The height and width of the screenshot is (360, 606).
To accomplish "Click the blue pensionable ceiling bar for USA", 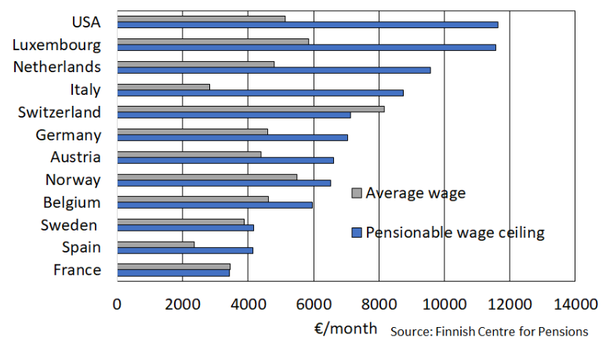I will click(x=307, y=24).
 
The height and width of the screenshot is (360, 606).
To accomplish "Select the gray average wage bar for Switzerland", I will click(x=251, y=108).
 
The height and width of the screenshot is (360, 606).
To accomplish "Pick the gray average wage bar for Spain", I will click(x=156, y=244).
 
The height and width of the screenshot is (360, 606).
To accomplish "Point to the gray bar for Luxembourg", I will click(x=213, y=41).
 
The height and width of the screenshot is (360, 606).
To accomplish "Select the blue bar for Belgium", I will click(x=215, y=205).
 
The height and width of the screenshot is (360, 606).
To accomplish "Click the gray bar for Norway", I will click(x=207, y=176).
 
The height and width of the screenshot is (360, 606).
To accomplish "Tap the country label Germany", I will click(x=68, y=135).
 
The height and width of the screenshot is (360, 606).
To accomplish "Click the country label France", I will click(x=77, y=270).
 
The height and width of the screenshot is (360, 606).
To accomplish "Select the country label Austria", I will click(x=75, y=158).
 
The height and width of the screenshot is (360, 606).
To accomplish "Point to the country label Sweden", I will click(x=70, y=226).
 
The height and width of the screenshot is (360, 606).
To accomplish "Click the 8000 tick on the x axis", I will click(x=379, y=304).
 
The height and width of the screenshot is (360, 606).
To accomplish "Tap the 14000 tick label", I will click(x=575, y=304).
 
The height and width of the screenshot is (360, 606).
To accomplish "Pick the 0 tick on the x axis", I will click(x=118, y=304).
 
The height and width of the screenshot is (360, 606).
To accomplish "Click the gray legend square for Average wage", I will click(x=357, y=193).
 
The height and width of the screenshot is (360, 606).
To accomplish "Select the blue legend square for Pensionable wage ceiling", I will click(x=357, y=232).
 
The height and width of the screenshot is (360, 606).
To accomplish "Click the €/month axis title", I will click(x=345, y=328).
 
